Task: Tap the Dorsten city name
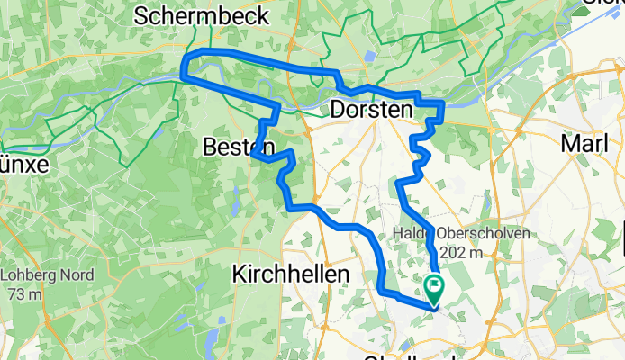tap(371, 109)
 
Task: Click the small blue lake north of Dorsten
tap(370, 57)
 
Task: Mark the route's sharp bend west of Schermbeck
tap(186, 65)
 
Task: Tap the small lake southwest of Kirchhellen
tap(210, 337)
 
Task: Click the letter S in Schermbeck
tap(141, 15)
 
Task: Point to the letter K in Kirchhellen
tap(239, 274)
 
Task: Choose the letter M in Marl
tap(567, 143)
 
